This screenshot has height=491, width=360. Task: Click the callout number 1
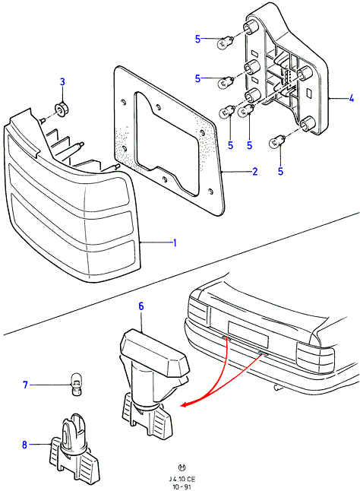click(175, 242)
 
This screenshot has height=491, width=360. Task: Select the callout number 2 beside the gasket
click(254, 171)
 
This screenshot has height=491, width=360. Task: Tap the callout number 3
click(62, 82)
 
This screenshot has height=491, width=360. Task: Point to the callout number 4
click(351, 99)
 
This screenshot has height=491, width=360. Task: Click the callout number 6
click(141, 306)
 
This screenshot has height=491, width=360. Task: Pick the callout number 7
click(26, 385)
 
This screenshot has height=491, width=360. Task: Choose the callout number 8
click(25, 445)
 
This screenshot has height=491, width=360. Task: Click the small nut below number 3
click(62, 109)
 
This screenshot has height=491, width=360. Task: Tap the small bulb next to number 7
click(76, 384)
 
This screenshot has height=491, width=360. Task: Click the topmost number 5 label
click(197, 39)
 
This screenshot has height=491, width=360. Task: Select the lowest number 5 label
click(280, 171)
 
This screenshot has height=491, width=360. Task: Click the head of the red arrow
click(185, 404)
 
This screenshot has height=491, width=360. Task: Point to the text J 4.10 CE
click(181, 480)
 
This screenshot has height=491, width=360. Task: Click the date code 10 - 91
click(181, 487)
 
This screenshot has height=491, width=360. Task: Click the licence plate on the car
click(248, 334)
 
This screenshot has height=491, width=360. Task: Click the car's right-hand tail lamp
click(315, 356)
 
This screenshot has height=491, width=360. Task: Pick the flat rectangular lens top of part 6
click(155, 350)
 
